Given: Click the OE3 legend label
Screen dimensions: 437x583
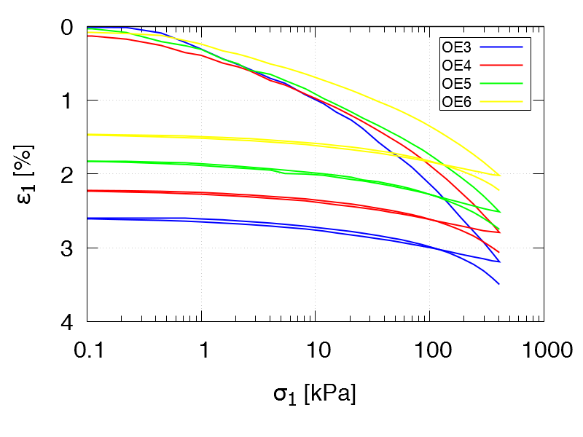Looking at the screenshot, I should (x=457, y=47).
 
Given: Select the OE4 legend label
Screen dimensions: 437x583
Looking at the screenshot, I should (x=457, y=66).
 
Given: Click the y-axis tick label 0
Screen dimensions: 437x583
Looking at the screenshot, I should (x=69, y=28).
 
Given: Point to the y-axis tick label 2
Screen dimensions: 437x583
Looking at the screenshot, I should (x=69, y=175).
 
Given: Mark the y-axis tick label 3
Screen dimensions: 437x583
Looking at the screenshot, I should (x=69, y=248).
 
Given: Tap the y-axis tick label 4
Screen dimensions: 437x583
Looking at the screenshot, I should (x=69, y=321).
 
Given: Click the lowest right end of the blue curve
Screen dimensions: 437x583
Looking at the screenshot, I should (x=499, y=284).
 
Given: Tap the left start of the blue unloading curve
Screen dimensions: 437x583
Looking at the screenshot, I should (x=87, y=219).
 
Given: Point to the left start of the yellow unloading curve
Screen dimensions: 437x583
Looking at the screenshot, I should (x=87, y=135).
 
